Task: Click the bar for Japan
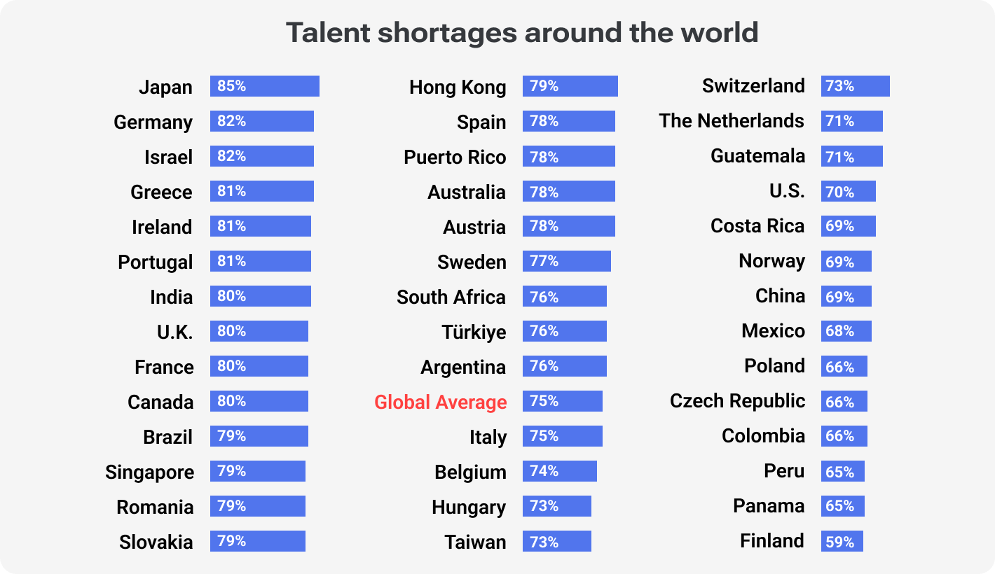265,86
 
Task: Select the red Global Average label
440,402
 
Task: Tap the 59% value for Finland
839,542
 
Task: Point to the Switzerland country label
753,86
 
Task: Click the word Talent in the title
329,33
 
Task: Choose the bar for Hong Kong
570,86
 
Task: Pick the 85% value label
231,86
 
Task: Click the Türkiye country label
474,332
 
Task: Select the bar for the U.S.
849,191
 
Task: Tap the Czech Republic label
737,401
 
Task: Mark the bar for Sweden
567,261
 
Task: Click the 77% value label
544,261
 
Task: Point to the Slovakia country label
156,542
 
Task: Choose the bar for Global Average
563,401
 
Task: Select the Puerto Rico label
455,157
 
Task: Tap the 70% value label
839,191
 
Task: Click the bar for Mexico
846,331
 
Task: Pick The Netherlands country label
731,121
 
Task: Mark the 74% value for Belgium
544,471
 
